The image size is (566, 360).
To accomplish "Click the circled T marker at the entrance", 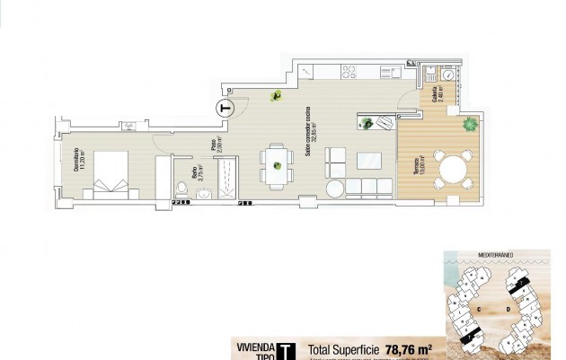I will tap(226, 108).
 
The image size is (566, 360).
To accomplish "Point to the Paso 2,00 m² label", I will tap(217, 145).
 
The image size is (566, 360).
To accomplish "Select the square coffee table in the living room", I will tap(368, 162).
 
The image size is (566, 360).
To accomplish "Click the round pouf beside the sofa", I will tap(334, 189).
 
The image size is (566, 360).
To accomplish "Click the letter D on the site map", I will tap(509, 310).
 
